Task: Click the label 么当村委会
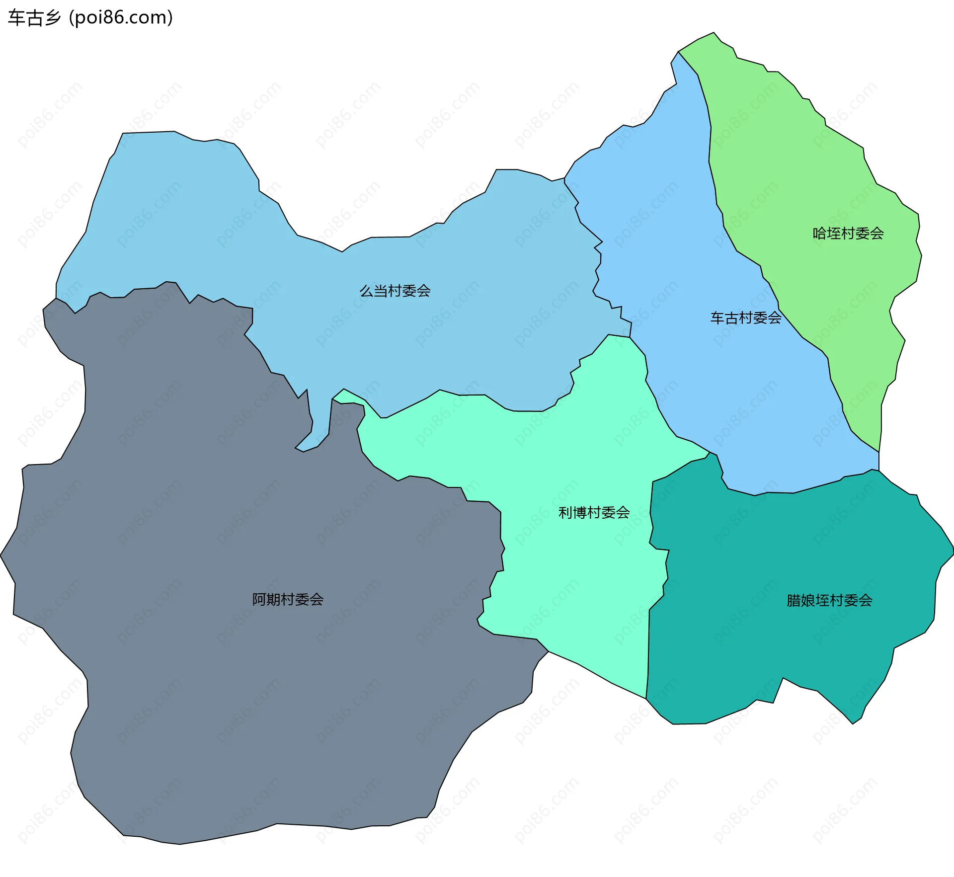point(395,291)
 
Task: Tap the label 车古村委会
point(745,318)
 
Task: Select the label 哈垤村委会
point(848,233)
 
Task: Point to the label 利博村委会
point(594,512)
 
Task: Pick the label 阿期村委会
point(288,599)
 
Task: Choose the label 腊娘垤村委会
point(829,600)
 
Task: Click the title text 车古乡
point(34,18)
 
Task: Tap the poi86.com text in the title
point(121,18)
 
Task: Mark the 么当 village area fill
point(199,224)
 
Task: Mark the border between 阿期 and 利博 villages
point(500,527)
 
